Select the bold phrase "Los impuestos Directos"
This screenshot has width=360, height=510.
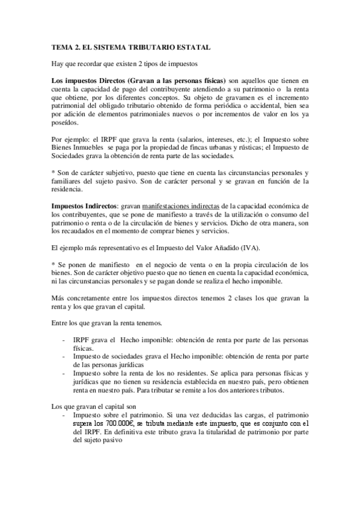(x=87, y=80)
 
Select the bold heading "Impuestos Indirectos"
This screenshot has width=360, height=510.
(x=84, y=206)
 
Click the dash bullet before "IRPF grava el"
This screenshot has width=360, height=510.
(x=64, y=341)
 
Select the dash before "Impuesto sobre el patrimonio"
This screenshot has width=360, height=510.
(x=64, y=415)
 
